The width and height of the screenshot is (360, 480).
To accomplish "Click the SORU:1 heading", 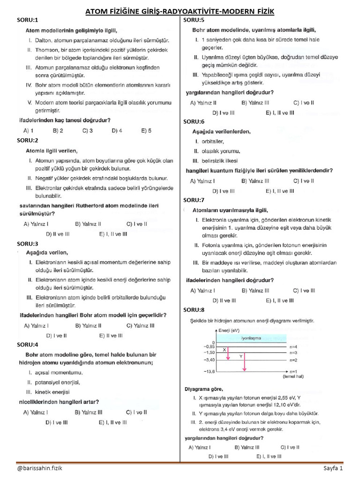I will (28, 20).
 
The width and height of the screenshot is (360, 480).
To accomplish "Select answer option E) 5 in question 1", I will (147, 131).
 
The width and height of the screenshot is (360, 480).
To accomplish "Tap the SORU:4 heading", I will (28, 345).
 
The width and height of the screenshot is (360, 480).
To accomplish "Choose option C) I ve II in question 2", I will (136, 224).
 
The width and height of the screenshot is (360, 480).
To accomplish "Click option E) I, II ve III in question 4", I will (112, 422).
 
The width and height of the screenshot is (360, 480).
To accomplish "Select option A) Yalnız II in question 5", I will (203, 102).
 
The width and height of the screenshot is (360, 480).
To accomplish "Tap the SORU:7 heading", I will (194, 200).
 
